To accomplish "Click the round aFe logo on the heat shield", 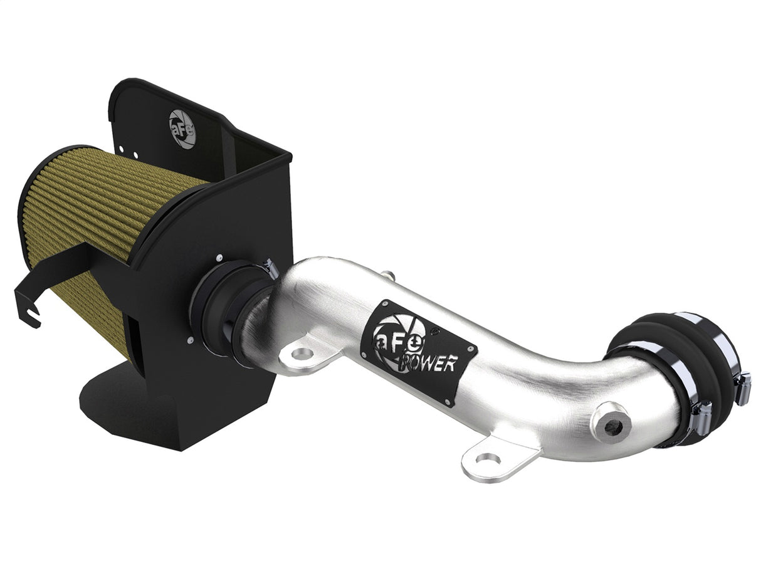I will [182, 128].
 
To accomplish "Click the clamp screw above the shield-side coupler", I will [271, 268].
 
